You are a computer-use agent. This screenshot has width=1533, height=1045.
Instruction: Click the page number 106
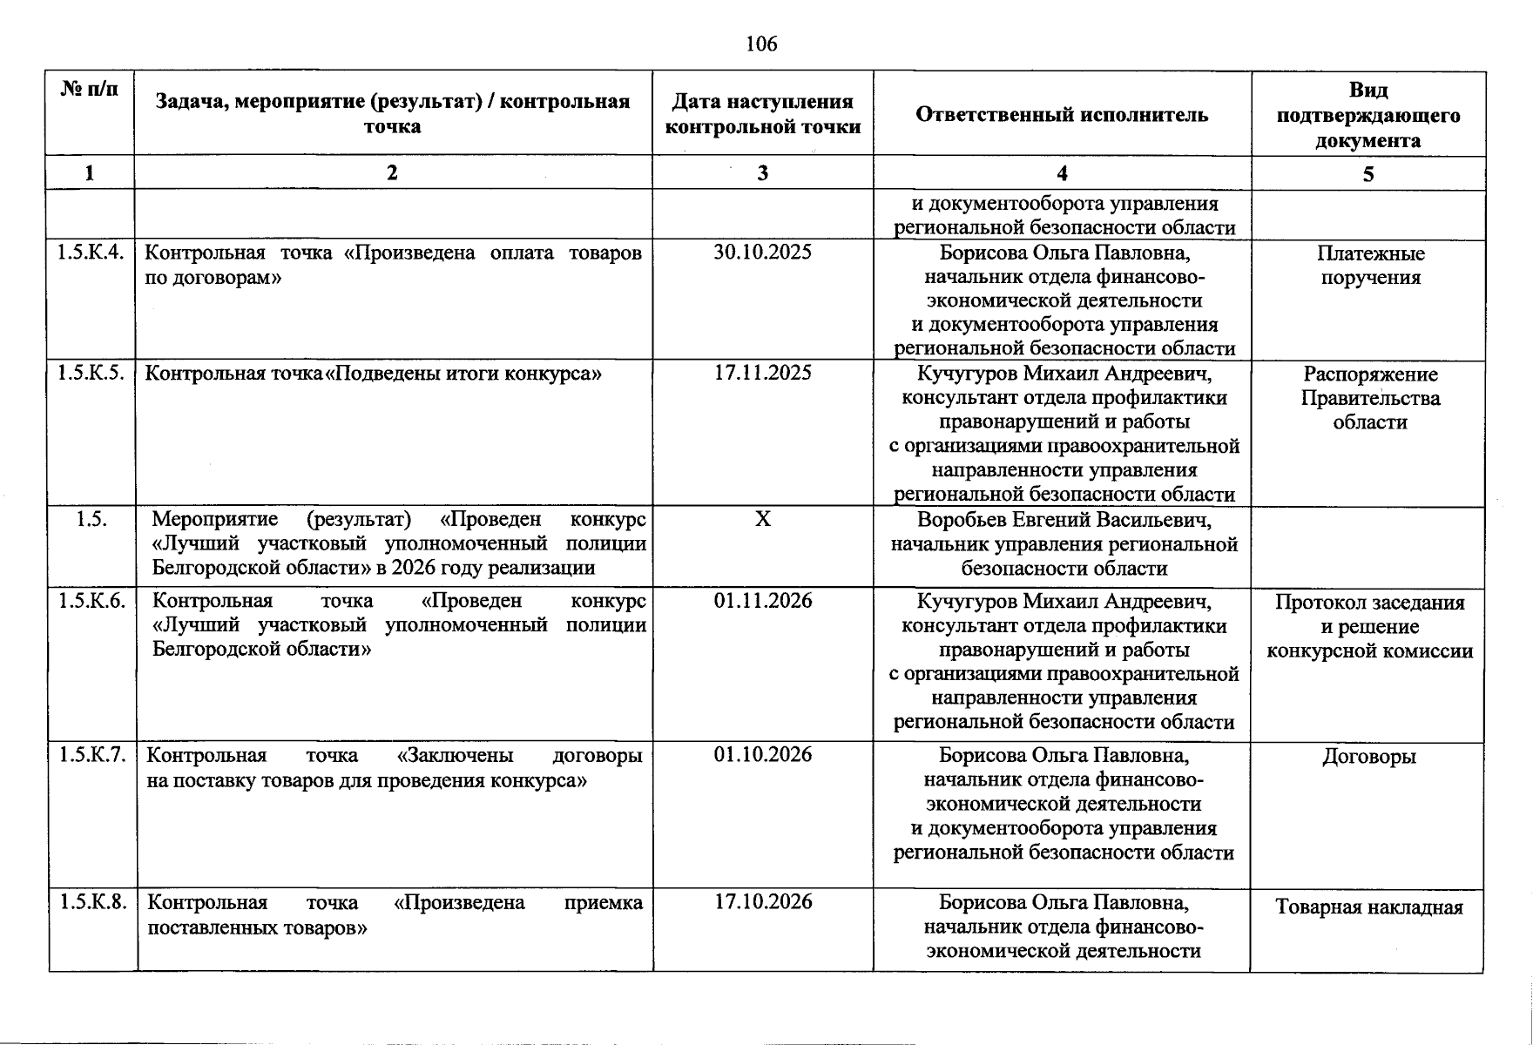pos(761,44)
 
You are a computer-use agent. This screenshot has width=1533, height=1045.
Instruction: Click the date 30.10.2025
pos(762,253)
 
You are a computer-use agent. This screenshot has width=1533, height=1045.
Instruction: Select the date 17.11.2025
pos(762,373)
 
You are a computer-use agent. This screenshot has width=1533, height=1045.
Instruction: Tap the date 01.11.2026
pos(762,601)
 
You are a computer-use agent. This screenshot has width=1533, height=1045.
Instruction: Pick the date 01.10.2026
pos(762,754)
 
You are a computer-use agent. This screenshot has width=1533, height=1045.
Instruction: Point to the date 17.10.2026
pos(762,901)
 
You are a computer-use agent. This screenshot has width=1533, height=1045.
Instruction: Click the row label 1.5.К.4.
pos(91,253)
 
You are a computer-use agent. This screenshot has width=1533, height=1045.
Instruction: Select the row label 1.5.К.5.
pos(91,373)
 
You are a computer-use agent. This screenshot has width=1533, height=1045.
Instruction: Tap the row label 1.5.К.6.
pos(91,601)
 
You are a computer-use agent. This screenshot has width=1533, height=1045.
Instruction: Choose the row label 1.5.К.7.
pos(91,754)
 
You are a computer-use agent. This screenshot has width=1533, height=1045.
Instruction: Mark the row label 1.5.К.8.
pos(91,901)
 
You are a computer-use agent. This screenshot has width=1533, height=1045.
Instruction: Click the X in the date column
pos(762,520)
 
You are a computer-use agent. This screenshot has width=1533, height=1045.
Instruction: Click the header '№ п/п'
pos(90,90)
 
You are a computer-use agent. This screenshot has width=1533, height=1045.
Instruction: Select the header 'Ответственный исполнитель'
pos(1062,114)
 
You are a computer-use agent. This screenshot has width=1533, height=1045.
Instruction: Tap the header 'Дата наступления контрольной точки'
pos(762,114)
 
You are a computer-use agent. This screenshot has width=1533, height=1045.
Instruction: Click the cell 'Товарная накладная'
pos(1368,907)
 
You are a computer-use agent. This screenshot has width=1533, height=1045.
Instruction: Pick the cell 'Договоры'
pos(1368,757)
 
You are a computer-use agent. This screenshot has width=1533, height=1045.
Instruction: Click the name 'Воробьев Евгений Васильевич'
pos(1064,521)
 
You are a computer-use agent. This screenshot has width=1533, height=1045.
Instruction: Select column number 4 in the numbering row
pos(1062,173)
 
